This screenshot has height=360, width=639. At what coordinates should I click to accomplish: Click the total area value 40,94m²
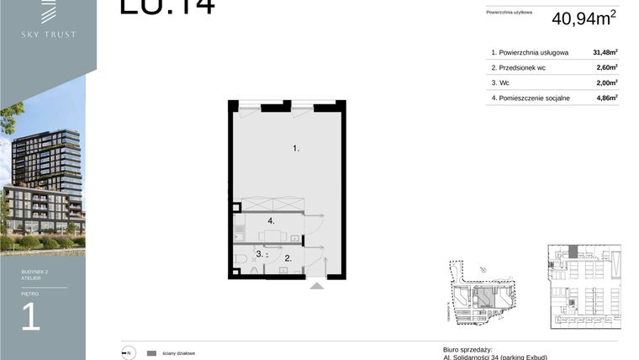pyautogui.click(x=584, y=18)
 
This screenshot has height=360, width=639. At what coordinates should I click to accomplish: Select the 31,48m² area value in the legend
pyautogui.click(x=605, y=52)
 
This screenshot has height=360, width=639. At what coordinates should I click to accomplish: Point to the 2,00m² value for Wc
pyautogui.click(x=606, y=82)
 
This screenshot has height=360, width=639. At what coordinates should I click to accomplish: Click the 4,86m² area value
pyautogui.click(x=606, y=98)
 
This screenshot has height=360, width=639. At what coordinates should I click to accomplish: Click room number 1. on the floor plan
pyautogui.click(x=296, y=149)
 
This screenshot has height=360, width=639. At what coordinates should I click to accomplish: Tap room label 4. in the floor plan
pyautogui.click(x=272, y=220)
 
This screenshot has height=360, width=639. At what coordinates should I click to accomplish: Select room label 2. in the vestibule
pyautogui.click(x=288, y=258)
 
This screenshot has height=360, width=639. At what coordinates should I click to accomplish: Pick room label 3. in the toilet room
pyautogui.click(x=260, y=253)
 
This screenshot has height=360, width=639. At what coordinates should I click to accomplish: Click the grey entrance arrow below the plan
pyautogui.click(x=316, y=286)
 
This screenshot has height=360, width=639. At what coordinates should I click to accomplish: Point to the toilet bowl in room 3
pyautogui.click(x=240, y=258)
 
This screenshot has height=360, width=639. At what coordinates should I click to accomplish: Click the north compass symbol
pyautogui.click(x=129, y=353)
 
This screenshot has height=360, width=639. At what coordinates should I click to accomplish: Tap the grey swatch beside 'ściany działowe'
pyautogui.click(x=151, y=353)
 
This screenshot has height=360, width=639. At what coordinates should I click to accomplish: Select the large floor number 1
pyautogui.click(x=31, y=318)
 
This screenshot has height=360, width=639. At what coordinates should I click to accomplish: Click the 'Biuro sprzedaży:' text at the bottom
pyautogui.click(x=467, y=349)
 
